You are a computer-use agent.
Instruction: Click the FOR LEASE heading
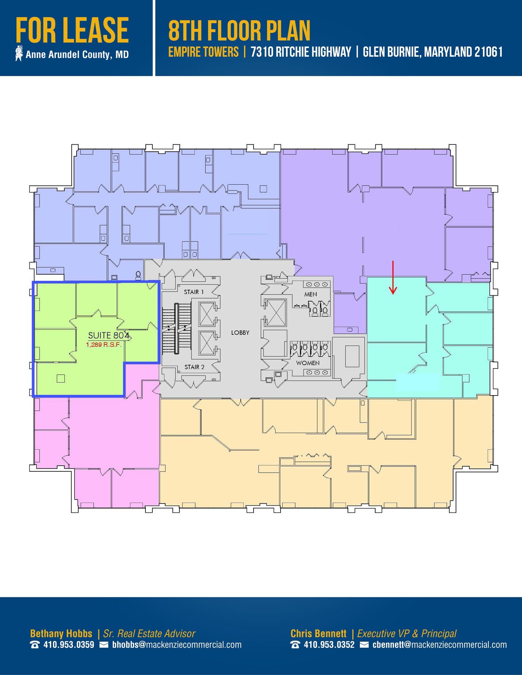72,31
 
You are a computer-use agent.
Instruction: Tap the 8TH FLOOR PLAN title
239,31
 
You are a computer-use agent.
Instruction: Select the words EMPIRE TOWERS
203,52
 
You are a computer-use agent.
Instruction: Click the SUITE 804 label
108,336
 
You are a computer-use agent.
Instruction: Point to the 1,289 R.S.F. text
104,345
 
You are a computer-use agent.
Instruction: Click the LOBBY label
240,333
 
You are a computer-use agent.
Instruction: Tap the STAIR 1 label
194,292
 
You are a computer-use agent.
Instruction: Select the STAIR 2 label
194,367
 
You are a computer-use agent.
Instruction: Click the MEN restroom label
311,294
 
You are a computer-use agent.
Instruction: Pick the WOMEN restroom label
308,363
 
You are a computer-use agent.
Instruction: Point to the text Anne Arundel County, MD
77,55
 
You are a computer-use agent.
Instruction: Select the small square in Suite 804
60,378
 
